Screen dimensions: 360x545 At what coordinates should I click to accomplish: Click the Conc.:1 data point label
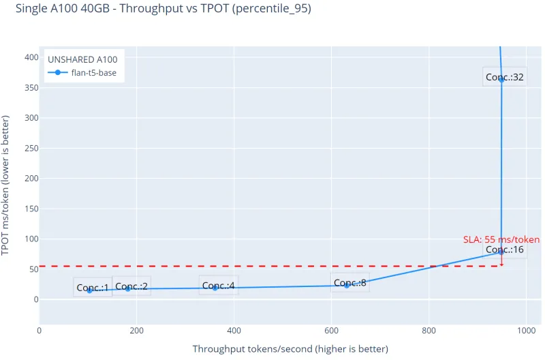pos(93,288)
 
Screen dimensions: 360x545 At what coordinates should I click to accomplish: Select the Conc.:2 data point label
pos(131,286)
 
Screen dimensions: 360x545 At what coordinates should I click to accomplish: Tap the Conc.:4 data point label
pos(219,286)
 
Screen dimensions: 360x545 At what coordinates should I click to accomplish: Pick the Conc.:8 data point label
pos(350,283)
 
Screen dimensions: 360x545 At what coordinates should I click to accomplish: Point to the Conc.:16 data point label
pos(505,250)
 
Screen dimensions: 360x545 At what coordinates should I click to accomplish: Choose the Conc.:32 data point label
pos(505,77)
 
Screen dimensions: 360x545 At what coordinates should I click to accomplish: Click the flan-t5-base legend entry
pos(93,73)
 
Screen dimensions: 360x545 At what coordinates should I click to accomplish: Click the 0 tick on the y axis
pos(31,299)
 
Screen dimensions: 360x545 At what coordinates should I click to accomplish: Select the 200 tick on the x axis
pos(136,331)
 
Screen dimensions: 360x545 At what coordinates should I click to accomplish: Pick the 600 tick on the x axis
pos(331,331)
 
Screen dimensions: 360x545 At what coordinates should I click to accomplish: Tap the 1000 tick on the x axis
pos(525,331)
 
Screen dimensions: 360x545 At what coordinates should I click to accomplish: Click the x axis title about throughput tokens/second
pos(290,349)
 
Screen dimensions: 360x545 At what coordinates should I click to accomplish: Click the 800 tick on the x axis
pos(429,331)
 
